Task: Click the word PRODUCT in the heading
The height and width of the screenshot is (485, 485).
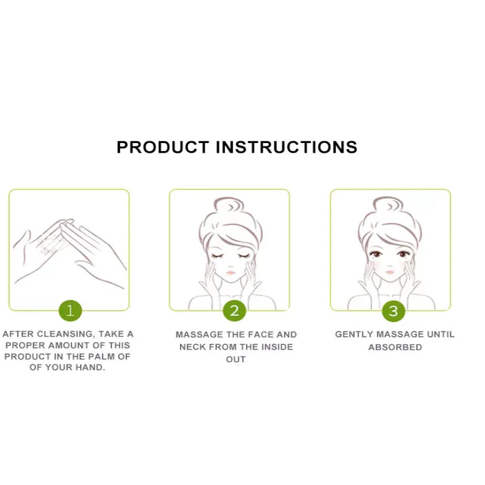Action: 163,147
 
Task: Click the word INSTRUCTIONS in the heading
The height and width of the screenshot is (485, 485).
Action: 286,147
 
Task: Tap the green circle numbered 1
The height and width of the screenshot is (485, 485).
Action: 70,310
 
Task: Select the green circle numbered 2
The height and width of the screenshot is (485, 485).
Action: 235,310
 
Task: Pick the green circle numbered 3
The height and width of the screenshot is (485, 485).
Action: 393,311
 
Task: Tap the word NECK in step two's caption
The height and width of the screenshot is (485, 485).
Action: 192,347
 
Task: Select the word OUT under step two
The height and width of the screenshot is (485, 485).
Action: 236,360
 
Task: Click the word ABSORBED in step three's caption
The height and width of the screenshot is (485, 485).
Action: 395,347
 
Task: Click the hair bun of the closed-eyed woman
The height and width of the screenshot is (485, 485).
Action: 229,206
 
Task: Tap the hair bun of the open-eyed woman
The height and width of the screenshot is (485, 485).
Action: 388,205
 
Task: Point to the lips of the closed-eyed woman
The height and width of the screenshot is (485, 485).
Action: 230,272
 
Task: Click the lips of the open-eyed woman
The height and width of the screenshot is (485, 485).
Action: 390,272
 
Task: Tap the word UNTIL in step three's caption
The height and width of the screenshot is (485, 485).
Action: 441,335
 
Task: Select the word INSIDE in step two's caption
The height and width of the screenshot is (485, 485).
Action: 277,347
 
